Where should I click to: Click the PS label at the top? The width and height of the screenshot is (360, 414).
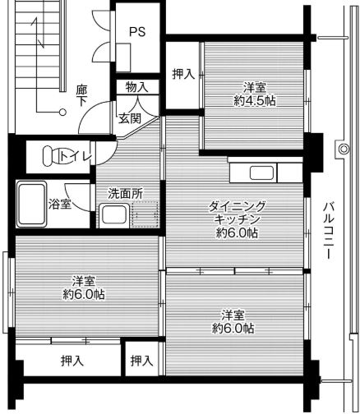[x=136, y=33]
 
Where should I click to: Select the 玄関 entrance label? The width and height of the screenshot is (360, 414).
[x=129, y=118]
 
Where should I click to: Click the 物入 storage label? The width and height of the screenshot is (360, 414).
[x=136, y=86]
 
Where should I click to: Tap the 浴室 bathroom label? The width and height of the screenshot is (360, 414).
[x=58, y=202]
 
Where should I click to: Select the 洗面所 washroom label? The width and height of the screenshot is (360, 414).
[x=125, y=194]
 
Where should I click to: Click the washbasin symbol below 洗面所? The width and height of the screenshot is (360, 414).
[x=113, y=216]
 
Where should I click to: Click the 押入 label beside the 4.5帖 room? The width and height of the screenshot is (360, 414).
[x=183, y=74]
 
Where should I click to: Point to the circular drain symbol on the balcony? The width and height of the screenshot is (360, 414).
[x=342, y=149]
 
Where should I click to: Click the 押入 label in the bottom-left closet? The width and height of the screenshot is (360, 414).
[x=72, y=361]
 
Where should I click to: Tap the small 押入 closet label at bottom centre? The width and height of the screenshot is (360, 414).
[x=142, y=361]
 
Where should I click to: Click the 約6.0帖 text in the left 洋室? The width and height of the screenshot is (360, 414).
[x=83, y=293]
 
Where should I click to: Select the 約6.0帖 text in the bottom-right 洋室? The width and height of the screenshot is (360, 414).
[x=233, y=328]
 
